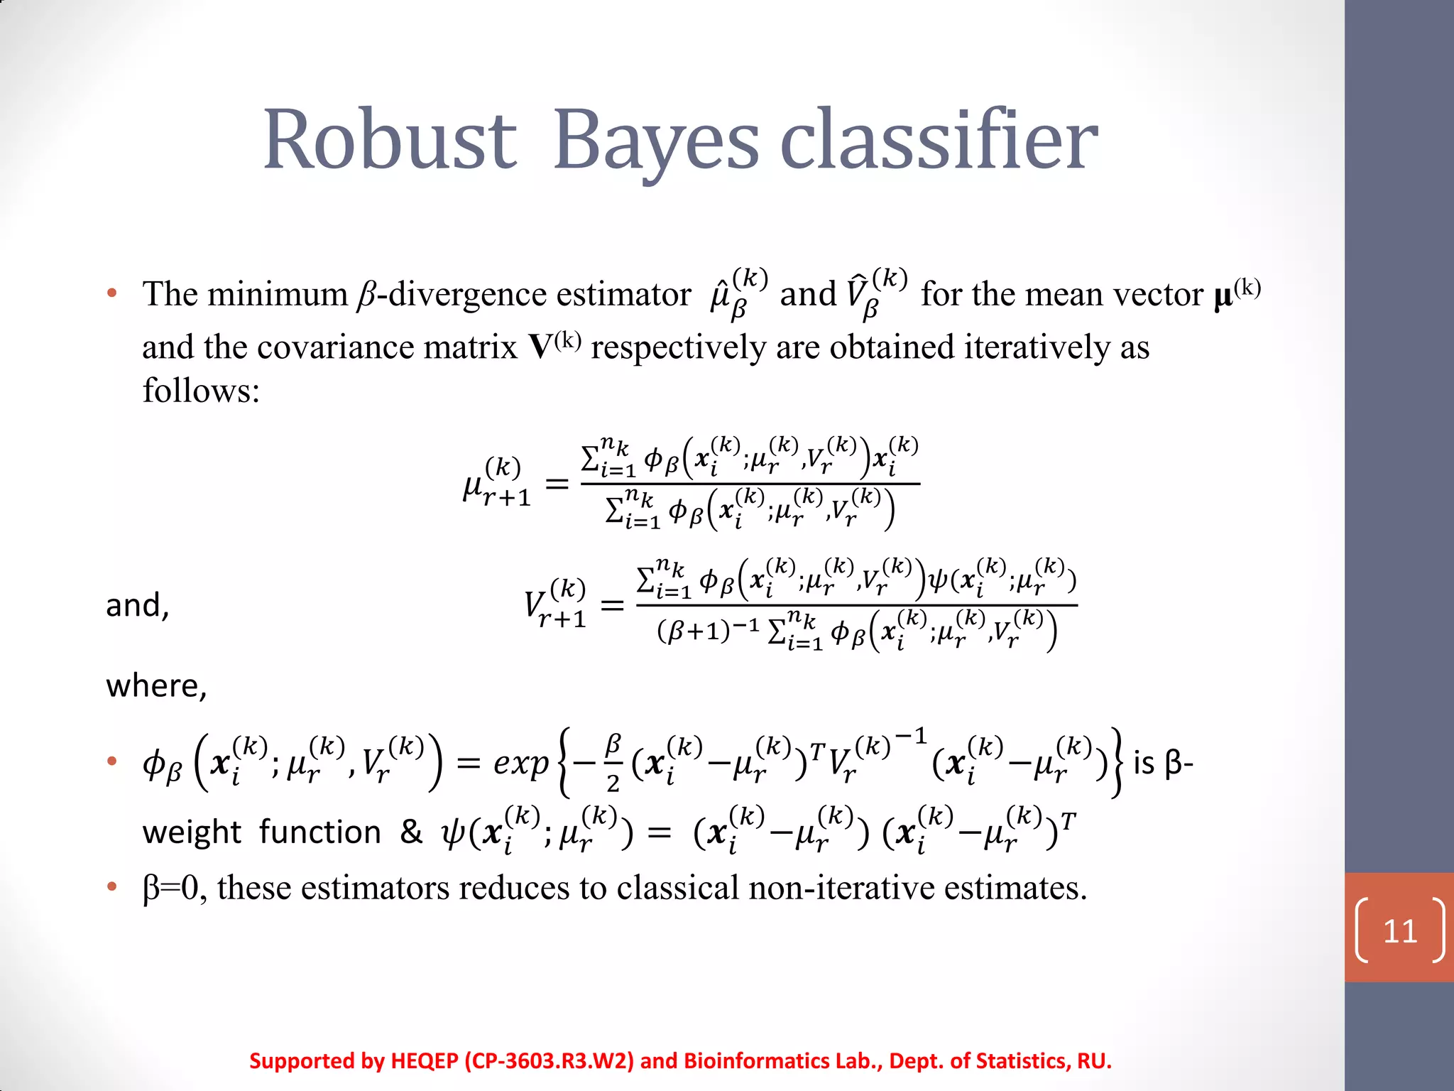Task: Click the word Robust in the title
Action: coord(389,140)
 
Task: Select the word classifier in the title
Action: coord(939,140)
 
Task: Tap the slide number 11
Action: coord(1400,931)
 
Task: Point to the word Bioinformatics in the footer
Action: coord(755,1060)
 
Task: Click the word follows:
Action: coord(202,391)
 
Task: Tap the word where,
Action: coord(156,686)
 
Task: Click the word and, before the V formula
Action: coord(138,606)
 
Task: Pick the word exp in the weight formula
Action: coord(521,763)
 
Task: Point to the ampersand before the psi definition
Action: coord(411,831)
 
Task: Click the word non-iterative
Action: coord(841,888)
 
